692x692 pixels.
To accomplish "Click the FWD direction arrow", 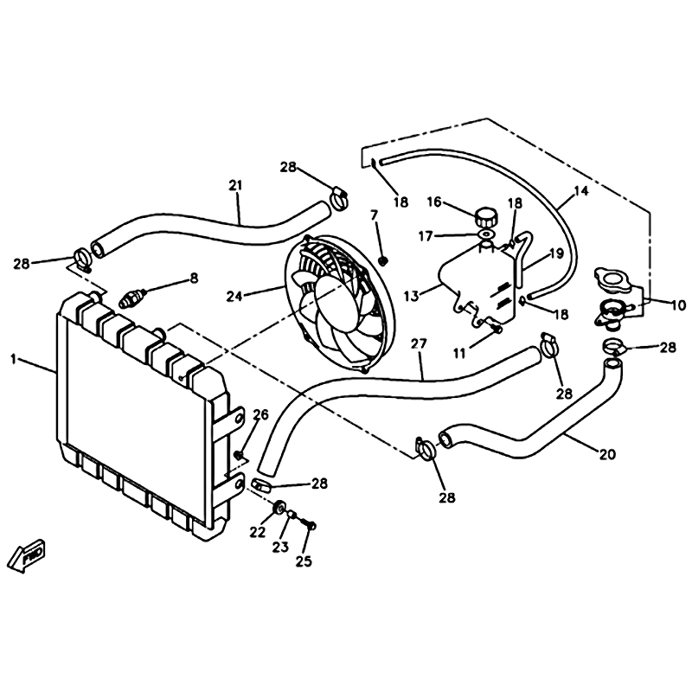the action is tap(28, 554).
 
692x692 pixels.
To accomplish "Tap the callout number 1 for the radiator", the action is tap(14, 359).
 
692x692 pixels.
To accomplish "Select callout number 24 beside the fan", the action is tap(234, 296).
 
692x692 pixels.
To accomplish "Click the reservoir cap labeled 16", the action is tap(486, 217).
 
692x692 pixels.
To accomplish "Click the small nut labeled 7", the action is tap(383, 261).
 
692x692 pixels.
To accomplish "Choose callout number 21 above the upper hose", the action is tap(235, 185).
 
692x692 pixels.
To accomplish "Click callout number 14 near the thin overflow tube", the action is tap(580, 191).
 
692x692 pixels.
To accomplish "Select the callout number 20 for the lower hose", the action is tap(607, 453).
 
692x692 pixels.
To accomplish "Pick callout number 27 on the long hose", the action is tap(419, 343).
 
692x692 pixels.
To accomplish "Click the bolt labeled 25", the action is tap(308, 524).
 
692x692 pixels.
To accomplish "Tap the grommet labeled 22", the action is tap(279, 508).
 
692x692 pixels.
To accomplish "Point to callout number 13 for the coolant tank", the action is tap(411, 296).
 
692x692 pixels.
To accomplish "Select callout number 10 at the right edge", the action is tap(678, 304).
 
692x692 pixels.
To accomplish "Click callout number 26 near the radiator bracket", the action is tap(260, 414).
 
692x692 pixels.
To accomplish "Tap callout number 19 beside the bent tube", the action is tap(556, 253).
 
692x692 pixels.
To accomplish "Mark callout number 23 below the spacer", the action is tap(280, 547).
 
